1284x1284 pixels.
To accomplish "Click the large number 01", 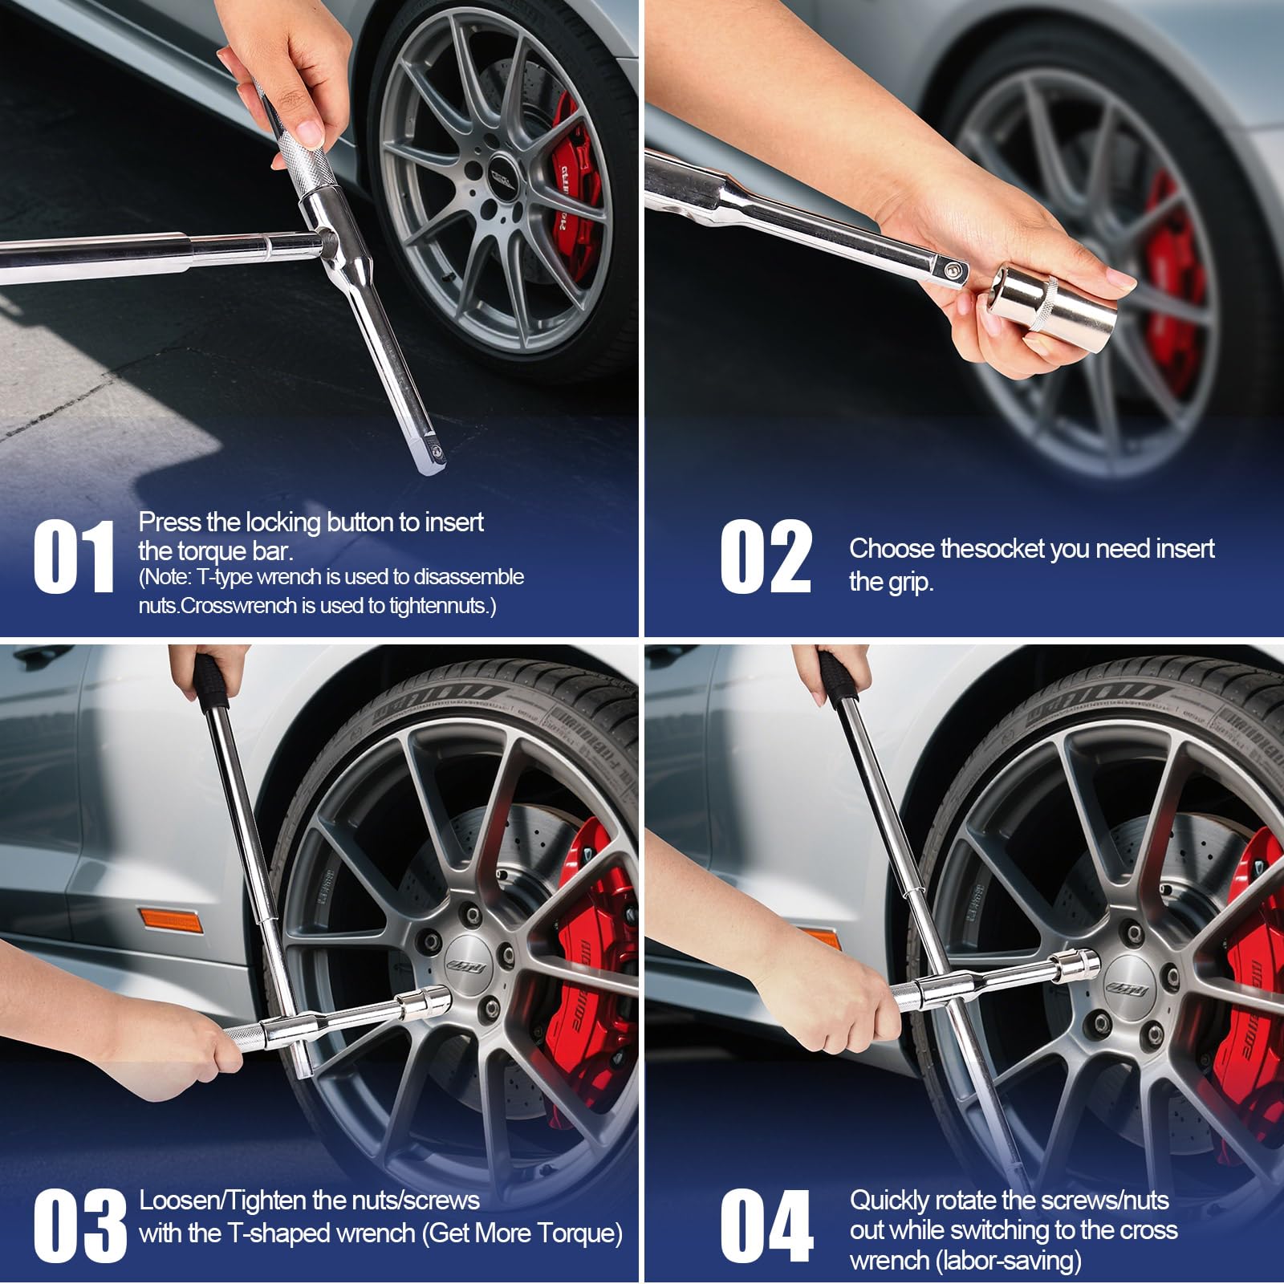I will click(x=74, y=558).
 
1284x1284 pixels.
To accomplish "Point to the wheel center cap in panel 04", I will click(x=1123, y=985).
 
